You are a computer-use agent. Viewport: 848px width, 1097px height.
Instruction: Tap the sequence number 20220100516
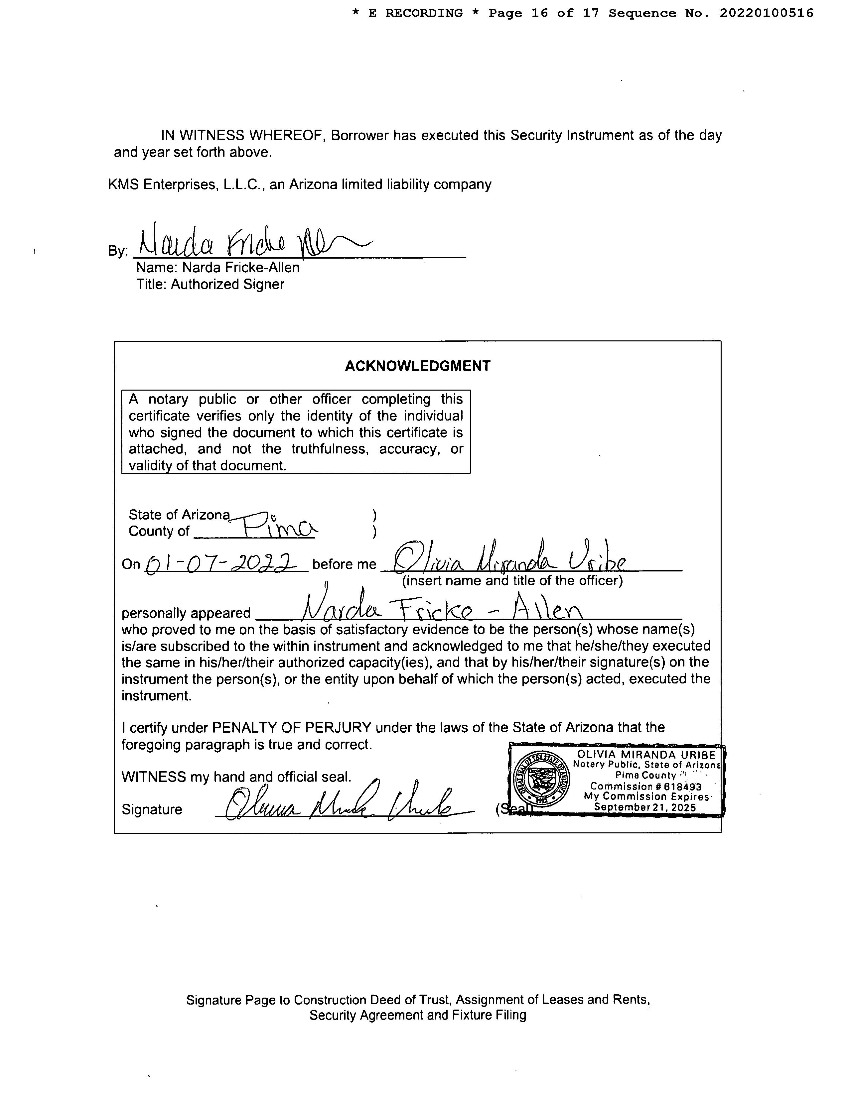pyautogui.click(x=766, y=13)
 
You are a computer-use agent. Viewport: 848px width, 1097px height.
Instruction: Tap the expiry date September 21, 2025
pyautogui.click(x=645, y=807)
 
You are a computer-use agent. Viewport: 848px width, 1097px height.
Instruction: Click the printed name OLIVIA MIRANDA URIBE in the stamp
pyautogui.click(x=646, y=755)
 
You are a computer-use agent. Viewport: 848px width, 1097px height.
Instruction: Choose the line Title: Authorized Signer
pyautogui.click(x=210, y=284)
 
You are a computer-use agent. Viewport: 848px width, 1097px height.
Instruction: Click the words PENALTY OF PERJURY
pyautogui.click(x=291, y=727)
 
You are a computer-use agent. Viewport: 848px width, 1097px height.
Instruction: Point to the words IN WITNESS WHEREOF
pyautogui.click(x=244, y=136)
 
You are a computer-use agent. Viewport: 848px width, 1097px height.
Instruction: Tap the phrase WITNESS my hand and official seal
pyautogui.click(x=236, y=777)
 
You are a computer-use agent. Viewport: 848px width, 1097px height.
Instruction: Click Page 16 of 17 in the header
pyautogui.click(x=544, y=13)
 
